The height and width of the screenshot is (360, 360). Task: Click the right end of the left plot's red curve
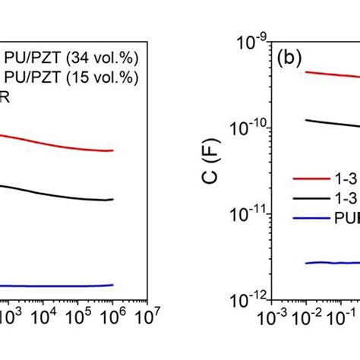coord(112,150)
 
